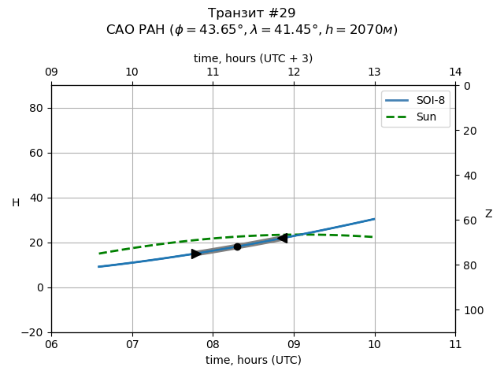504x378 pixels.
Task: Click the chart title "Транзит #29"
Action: point(252,13)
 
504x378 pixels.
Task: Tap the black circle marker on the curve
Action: point(237,246)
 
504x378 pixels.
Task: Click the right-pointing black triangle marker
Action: point(196,254)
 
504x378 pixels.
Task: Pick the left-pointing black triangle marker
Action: point(282,238)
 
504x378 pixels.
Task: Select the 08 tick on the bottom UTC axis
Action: point(213,344)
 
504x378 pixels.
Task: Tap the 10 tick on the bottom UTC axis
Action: point(374,344)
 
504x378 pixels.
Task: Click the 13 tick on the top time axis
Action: point(374,72)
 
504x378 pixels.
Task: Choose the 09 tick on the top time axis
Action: point(51,72)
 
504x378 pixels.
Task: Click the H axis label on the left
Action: point(16,203)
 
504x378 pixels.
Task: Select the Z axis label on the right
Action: point(488,214)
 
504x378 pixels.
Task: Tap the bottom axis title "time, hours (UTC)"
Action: point(253,360)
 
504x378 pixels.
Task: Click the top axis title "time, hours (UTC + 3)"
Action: point(253,58)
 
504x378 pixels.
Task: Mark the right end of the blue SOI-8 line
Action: point(374,219)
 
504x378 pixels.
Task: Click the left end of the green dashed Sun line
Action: point(99,254)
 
